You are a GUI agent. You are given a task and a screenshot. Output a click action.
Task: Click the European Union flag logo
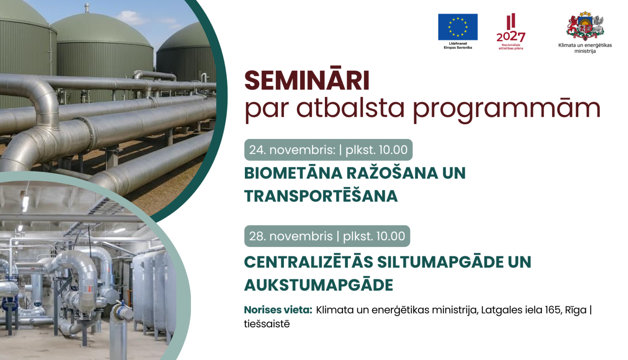point(458,27)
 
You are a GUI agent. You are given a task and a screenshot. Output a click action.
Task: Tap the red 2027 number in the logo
point(511,37)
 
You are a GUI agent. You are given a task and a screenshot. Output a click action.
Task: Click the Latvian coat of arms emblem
point(585,26)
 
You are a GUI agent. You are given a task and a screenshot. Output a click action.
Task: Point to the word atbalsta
point(350,108)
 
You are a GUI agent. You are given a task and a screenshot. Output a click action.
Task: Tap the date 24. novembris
point(292,150)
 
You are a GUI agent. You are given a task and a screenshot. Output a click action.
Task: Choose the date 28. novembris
point(291,236)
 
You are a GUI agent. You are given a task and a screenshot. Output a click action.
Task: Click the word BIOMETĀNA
point(293,173)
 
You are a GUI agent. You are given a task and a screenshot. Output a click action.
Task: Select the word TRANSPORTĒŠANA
point(321,196)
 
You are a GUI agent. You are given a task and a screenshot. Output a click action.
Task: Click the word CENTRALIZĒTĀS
point(309,262)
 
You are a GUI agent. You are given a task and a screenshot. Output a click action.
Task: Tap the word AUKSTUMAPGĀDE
point(319,285)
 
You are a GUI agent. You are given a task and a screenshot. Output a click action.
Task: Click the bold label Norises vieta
point(278,310)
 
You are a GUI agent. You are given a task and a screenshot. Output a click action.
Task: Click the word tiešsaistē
point(267,324)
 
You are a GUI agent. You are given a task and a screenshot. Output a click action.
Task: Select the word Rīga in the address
point(576,310)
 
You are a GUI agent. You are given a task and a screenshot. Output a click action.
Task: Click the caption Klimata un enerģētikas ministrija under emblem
point(585,48)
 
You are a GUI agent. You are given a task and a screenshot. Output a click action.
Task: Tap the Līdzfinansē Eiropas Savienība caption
point(458,45)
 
